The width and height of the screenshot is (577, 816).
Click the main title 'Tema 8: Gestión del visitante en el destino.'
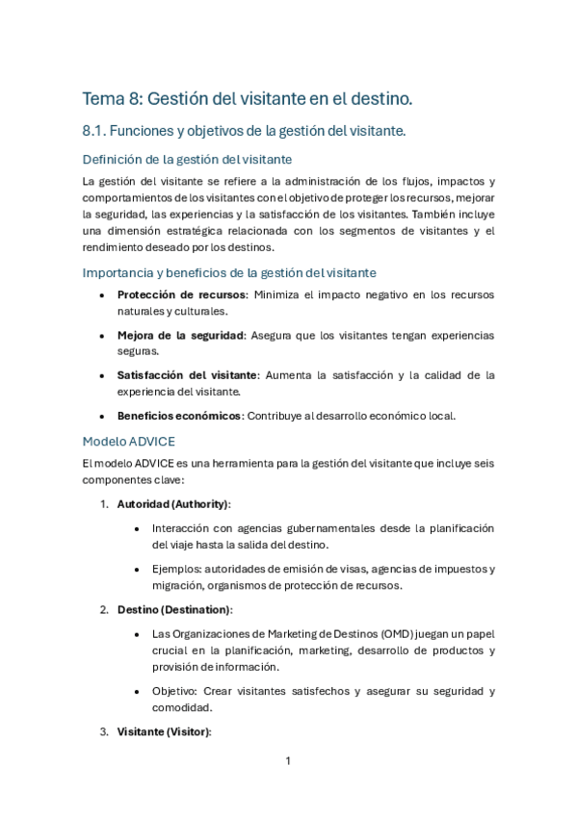(x=248, y=98)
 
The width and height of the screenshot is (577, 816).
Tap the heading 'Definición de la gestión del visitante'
(x=188, y=159)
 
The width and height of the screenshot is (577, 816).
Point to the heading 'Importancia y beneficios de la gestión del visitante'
(x=229, y=272)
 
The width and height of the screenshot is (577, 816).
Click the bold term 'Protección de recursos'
(x=181, y=294)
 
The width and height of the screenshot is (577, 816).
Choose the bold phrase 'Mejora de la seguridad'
(x=180, y=335)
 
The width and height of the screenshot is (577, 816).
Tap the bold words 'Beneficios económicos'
(x=179, y=416)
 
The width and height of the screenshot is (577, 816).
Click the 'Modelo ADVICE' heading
(x=129, y=442)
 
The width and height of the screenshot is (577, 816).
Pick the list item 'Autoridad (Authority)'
(x=173, y=504)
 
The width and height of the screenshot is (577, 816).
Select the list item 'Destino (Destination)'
(x=174, y=610)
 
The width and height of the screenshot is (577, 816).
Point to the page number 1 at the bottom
(x=288, y=761)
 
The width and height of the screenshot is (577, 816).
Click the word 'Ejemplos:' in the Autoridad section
(x=177, y=569)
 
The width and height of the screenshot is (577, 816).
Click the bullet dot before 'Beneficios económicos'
(x=102, y=416)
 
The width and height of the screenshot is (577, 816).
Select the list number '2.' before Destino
(x=104, y=610)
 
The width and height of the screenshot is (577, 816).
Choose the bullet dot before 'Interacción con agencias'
(x=138, y=528)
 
